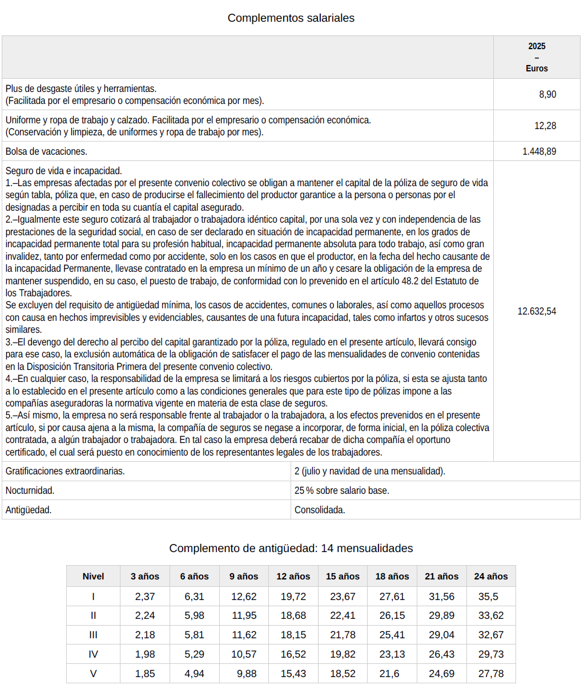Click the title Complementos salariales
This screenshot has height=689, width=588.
click(291, 18)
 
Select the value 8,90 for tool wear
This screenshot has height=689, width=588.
click(547, 95)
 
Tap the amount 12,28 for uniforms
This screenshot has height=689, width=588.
click(545, 126)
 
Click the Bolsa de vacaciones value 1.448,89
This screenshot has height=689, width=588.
click(539, 152)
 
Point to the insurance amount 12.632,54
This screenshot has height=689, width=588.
click(537, 312)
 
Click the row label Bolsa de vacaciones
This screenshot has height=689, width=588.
click(46, 152)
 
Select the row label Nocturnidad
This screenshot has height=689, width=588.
click(30, 491)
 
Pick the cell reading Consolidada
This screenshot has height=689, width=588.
click(320, 510)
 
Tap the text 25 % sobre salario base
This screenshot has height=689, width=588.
click(341, 491)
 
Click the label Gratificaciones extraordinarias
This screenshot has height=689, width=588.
click(65, 472)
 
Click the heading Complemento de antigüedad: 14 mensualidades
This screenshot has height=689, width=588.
click(291, 549)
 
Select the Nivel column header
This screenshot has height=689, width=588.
click(93, 577)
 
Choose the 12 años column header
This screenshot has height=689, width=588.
click(293, 577)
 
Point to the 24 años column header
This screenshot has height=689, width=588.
click(490, 577)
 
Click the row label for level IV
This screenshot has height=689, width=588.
click(93, 654)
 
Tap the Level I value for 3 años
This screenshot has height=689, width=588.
click(145, 597)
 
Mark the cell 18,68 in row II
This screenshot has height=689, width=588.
click(293, 616)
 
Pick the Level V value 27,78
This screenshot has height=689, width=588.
click(490, 674)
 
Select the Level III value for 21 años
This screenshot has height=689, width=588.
click(441, 635)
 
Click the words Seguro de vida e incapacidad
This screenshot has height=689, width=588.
click(63, 171)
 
